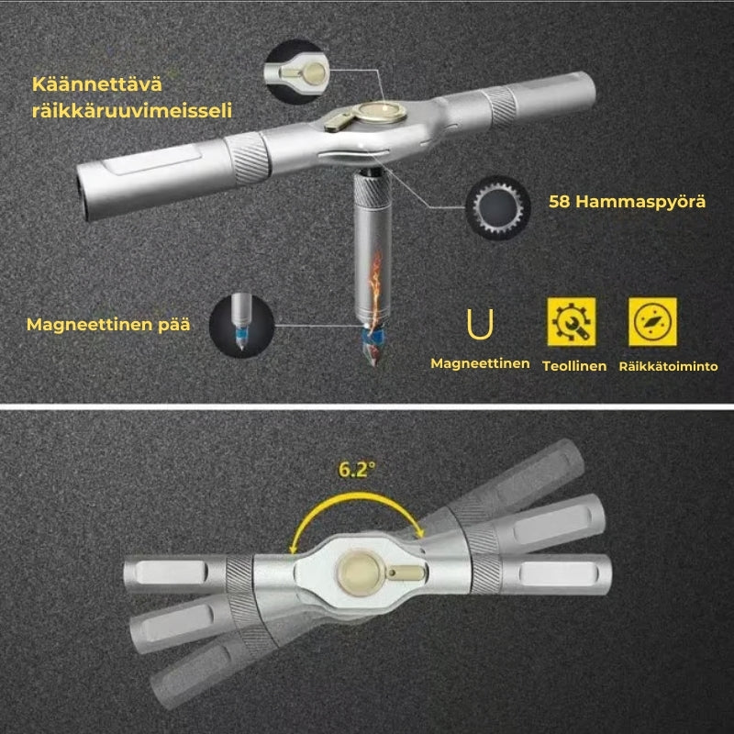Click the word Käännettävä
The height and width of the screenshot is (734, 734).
click(x=97, y=84)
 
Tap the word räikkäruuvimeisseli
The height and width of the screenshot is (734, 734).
click(x=132, y=111)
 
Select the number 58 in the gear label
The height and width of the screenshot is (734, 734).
click(x=559, y=202)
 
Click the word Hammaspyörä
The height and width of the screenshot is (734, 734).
click(x=640, y=202)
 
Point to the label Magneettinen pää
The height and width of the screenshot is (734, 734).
click(x=108, y=325)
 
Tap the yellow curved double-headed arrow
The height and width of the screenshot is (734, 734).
click(x=357, y=496)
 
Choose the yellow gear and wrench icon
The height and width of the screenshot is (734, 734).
click(x=572, y=322)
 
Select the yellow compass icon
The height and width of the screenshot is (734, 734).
click(x=652, y=322)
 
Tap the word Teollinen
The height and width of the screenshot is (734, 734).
click(x=574, y=366)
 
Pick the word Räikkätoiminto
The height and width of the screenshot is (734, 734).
click(x=669, y=366)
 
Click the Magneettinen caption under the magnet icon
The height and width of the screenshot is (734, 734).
click(x=480, y=363)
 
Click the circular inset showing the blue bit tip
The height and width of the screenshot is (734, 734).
click(x=241, y=327)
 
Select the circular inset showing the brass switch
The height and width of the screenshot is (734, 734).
click(x=295, y=72)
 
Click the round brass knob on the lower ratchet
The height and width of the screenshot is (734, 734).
click(x=360, y=573)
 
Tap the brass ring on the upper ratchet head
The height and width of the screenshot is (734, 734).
click(x=379, y=112)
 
